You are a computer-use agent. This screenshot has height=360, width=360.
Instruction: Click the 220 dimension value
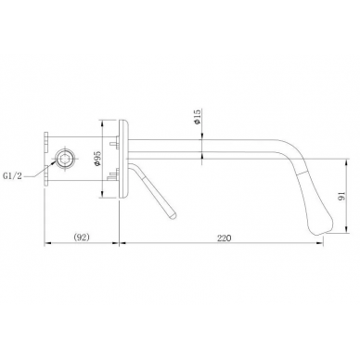pos(225,238)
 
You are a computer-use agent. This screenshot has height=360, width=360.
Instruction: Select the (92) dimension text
pos(82,238)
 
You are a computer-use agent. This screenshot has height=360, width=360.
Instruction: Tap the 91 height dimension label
pos(341,196)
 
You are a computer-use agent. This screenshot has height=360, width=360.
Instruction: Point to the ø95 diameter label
pos(96,159)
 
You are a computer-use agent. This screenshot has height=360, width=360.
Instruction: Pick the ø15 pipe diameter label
pos(198,117)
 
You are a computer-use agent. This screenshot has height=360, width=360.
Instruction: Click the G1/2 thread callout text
pos(13,176)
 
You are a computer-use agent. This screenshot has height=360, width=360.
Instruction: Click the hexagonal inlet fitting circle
pos(65,159)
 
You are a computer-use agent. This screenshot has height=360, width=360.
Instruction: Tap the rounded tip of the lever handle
pos(172,214)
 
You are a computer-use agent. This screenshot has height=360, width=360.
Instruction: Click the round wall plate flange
pos(123,159)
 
